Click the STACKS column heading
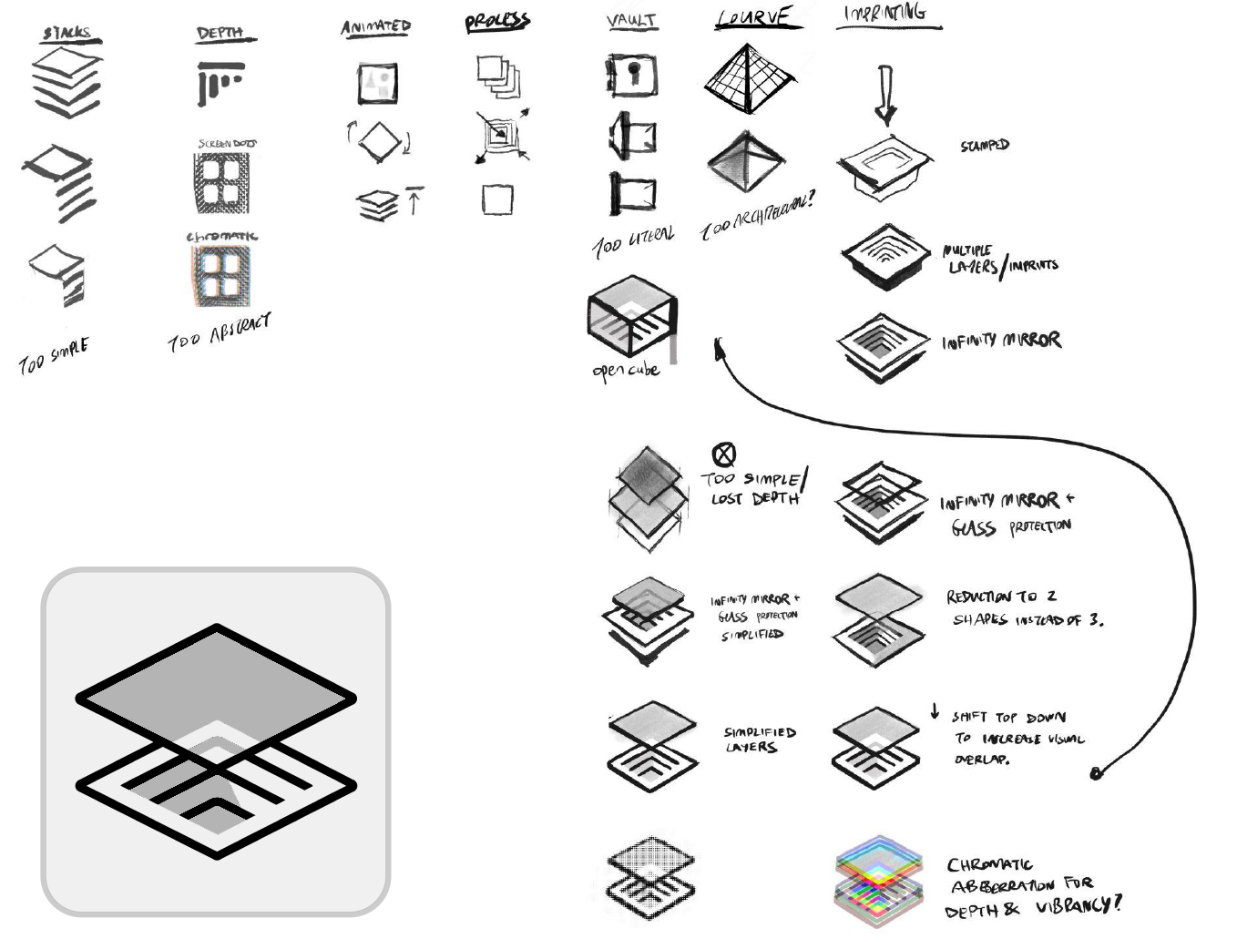(x=68, y=34)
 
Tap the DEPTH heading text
(x=220, y=33)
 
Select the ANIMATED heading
(x=376, y=26)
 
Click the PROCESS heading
(x=497, y=22)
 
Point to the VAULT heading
(x=631, y=20)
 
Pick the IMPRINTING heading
(x=885, y=14)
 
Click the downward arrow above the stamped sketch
(x=884, y=95)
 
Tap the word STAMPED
(x=985, y=145)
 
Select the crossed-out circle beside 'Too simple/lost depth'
(x=723, y=454)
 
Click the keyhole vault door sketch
(x=632, y=74)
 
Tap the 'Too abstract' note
(x=220, y=332)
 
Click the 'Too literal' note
(x=633, y=241)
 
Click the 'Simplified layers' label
(x=759, y=739)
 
